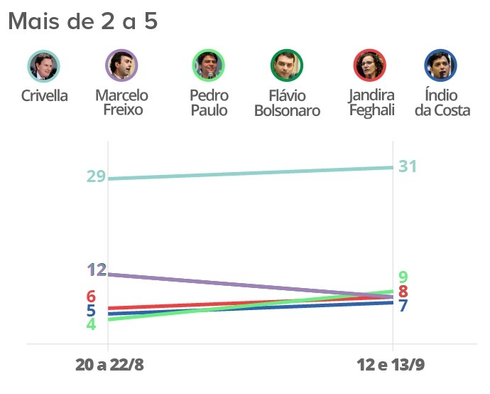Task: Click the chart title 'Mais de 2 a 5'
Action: pyautogui.click(x=82, y=21)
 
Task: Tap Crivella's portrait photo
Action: pyautogui.click(x=44, y=65)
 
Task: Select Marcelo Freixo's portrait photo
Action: pyautogui.click(x=121, y=65)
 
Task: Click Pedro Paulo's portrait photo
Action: pyautogui.click(x=209, y=65)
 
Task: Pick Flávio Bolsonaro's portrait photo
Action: pyautogui.click(x=287, y=65)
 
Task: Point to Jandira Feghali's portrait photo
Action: pyautogui.click(x=370, y=65)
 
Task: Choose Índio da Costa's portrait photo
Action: pyautogui.click(x=441, y=65)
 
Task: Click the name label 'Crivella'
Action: pyautogui.click(x=44, y=96)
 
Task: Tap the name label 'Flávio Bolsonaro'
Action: pyautogui.click(x=287, y=103)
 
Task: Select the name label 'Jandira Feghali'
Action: pyautogui.click(x=371, y=103)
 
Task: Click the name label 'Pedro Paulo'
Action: pyautogui.click(x=209, y=103)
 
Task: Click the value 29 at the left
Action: pyautogui.click(x=96, y=176)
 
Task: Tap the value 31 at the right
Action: pyautogui.click(x=408, y=166)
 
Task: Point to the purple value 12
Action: pyautogui.click(x=97, y=270)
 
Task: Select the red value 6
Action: pyautogui.click(x=91, y=297)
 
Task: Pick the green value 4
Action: pyautogui.click(x=91, y=324)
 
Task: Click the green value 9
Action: pyautogui.click(x=403, y=277)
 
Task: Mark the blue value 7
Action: pyautogui.click(x=403, y=306)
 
